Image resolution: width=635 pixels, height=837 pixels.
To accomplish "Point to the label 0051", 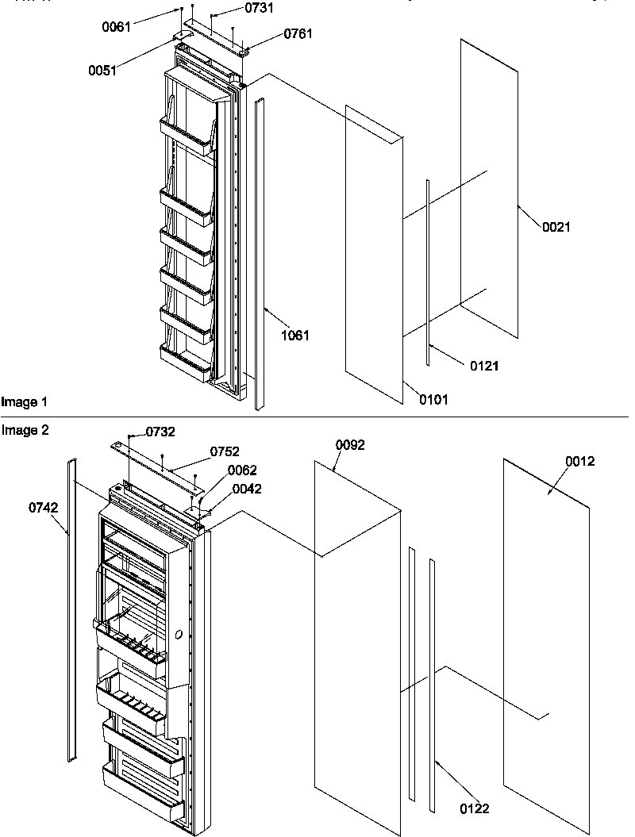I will (102, 71).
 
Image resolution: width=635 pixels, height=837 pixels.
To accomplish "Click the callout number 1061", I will (295, 336).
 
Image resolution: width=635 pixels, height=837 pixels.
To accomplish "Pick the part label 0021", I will (556, 227).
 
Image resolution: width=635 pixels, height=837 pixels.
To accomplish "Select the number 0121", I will (485, 366).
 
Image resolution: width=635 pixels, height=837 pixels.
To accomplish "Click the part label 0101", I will (434, 400).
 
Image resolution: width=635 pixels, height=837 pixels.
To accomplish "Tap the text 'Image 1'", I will (20, 403).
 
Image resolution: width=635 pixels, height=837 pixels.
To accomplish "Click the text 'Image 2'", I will (20, 430).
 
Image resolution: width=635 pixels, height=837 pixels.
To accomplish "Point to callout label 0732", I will (160, 432).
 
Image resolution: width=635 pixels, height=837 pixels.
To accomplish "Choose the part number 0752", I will (225, 451).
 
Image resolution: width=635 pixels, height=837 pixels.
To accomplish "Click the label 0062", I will (242, 470).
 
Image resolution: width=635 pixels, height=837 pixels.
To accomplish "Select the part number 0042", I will (247, 489).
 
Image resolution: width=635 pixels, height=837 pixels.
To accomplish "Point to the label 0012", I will (579, 461).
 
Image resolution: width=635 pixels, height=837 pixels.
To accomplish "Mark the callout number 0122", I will (475, 808).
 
